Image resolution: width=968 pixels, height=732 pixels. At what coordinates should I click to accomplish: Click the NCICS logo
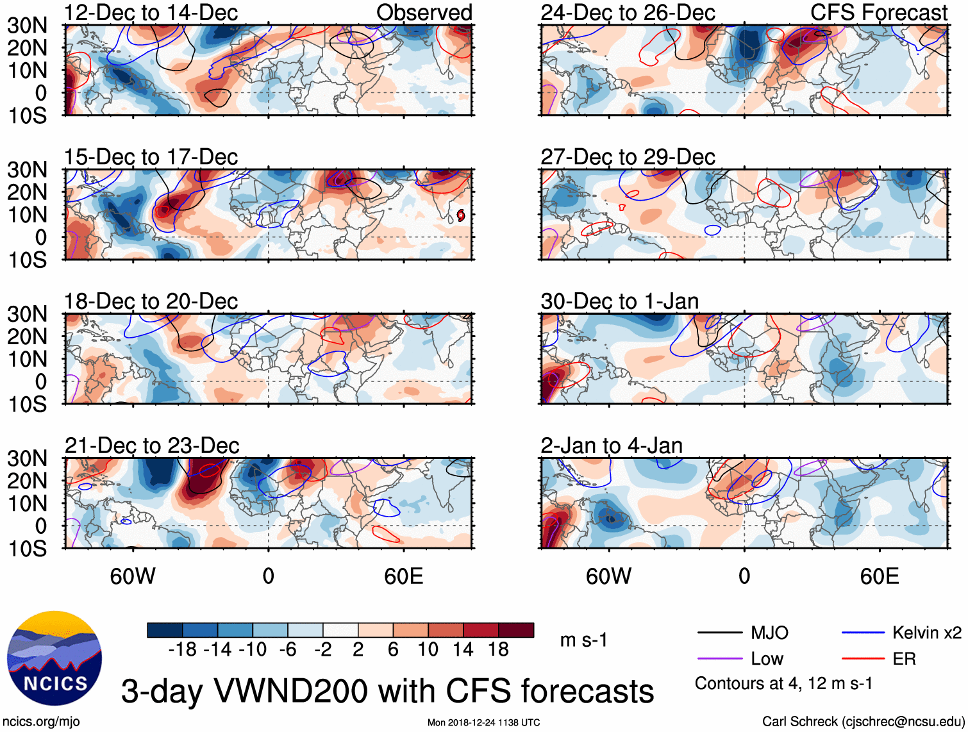coord(54,658)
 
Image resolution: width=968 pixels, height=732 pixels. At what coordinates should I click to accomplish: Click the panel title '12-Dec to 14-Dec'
coord(151,12)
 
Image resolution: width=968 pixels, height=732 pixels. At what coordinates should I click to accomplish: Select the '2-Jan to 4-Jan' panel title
coord(612,445)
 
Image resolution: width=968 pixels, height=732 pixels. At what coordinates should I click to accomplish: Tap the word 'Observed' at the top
coord(424,12)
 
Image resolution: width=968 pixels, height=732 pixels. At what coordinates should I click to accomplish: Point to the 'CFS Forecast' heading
coord(879,12)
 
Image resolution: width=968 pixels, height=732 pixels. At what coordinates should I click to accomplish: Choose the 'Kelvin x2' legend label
coord(927,633)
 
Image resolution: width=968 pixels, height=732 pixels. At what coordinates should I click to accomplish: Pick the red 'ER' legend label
coord(904,659)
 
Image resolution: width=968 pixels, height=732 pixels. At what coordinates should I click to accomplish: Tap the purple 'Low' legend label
coord(767,659)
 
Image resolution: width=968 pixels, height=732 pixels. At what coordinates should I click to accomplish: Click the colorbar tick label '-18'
coord(183,650)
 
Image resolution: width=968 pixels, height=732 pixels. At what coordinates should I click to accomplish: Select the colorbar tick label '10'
coord(428,650)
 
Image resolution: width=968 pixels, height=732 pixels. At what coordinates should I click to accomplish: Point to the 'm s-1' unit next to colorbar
coord(583,640)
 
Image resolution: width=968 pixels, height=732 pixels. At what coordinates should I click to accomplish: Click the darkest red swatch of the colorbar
coord(516,630)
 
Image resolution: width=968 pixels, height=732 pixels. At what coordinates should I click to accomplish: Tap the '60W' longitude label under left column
coord(133,576)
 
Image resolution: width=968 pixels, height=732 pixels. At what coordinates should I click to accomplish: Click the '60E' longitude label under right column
coord(880,576)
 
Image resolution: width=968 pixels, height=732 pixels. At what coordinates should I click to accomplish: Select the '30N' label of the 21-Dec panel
coord(27,458)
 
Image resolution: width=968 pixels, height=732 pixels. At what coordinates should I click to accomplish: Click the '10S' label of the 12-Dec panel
coord(27,116)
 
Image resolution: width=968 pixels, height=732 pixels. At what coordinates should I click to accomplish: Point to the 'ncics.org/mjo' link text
coord(40,722)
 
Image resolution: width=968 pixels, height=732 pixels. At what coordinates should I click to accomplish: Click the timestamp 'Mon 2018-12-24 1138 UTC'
coord(483,722)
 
